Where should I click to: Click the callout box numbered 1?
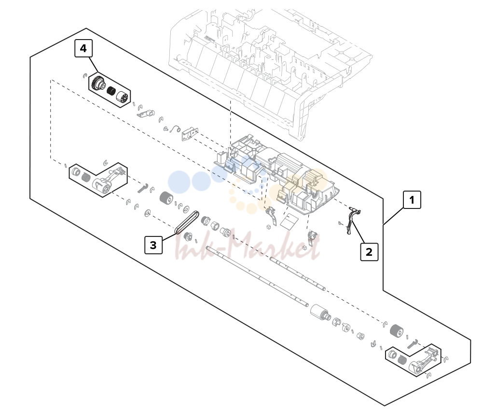click(412, 200)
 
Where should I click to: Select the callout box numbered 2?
click(369, 252)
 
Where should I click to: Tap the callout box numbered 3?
click(153, 245)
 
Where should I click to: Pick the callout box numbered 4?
click(83, 48)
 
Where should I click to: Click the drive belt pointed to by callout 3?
click(187, 222)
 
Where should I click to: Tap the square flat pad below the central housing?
click(290, 221)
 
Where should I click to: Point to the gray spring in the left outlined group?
click(85, 178)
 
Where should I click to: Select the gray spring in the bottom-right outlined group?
click(402, 360)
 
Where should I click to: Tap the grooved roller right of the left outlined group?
click(166, 198)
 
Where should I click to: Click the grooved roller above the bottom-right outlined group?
click(396, 332)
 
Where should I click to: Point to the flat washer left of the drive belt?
click(147, 213)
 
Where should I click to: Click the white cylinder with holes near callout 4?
click(123, 97)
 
